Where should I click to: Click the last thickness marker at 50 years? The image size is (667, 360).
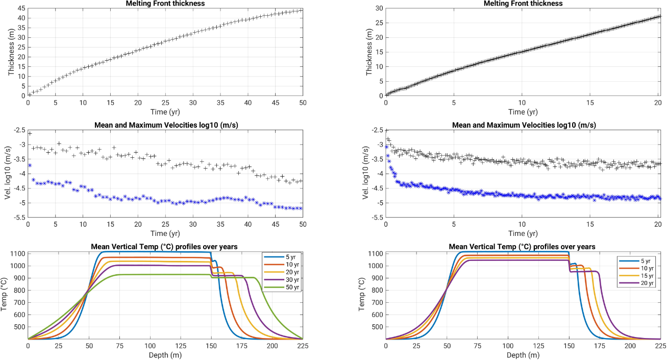(x=301, y=10)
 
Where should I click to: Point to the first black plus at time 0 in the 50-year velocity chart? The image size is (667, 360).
(x=30, y=134)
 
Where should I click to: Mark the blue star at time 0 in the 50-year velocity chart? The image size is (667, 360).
(x=30, y=165)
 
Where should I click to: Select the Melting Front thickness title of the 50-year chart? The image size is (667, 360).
(x=165, y=4)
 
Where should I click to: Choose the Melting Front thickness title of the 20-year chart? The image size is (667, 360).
(x=523, y=4)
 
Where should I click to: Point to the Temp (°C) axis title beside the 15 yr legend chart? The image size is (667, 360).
(x=361, y=296)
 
